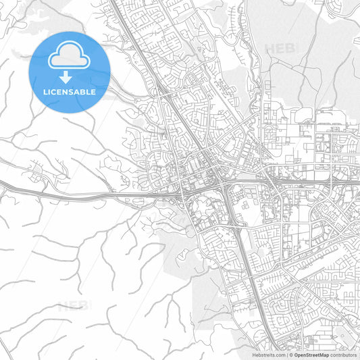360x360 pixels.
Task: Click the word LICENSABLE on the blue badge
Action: [70, 91]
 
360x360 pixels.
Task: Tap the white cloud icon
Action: [70, 55]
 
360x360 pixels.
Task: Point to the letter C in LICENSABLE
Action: [55, 91]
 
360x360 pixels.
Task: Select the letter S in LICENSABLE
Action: [73, 91]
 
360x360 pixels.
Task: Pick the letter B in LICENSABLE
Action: [86, 91]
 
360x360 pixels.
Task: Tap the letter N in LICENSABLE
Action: [67, 91]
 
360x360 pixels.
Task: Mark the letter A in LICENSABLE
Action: [79, 91]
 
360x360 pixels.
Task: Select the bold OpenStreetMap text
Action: [314, 355]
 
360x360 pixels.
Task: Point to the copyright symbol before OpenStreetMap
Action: [290, 355]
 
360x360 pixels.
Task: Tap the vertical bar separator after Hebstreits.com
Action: [286, 355]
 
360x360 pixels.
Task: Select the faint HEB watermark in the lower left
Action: [72, 305]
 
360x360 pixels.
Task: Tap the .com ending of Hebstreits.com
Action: [278, 355]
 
